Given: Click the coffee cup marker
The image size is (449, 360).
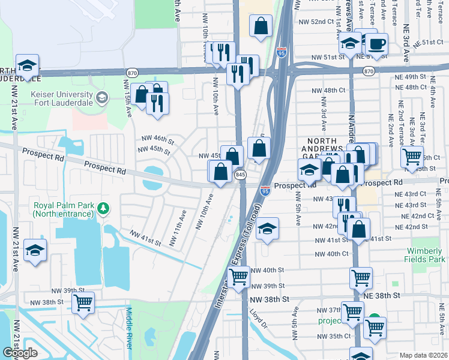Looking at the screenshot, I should [x=377, y=44].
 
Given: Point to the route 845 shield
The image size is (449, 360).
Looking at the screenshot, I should [x=241, y=174].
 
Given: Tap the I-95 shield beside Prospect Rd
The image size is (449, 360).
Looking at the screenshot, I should [x=265, y=190].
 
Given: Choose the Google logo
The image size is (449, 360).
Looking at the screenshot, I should [x=20, y=353].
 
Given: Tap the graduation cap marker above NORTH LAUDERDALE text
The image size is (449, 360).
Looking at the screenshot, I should [x=27, y=65].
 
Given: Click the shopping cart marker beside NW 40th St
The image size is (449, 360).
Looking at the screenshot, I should [x=239, y=277].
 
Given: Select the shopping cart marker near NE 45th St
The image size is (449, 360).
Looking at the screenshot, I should [x=412, y=157].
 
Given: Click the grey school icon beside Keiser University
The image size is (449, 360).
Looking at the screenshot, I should [x=102, y=97].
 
